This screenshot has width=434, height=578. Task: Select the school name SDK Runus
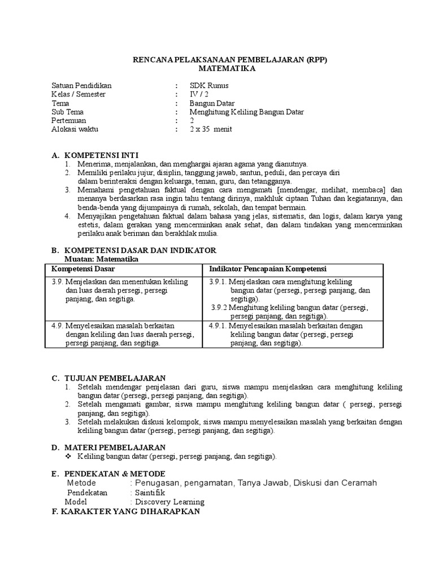click(210, 86)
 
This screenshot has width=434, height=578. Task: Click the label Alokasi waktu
click(75, 129)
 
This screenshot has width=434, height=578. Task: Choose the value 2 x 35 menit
click(211, 129)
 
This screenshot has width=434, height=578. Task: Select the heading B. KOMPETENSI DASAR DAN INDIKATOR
click(133, 250)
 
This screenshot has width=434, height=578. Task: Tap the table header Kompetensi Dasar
click(83, 269)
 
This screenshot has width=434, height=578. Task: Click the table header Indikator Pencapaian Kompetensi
click(268, 269)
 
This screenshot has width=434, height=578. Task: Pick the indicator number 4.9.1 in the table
click(218, 326)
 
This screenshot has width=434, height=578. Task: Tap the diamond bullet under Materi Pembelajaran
click(69, 456)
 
